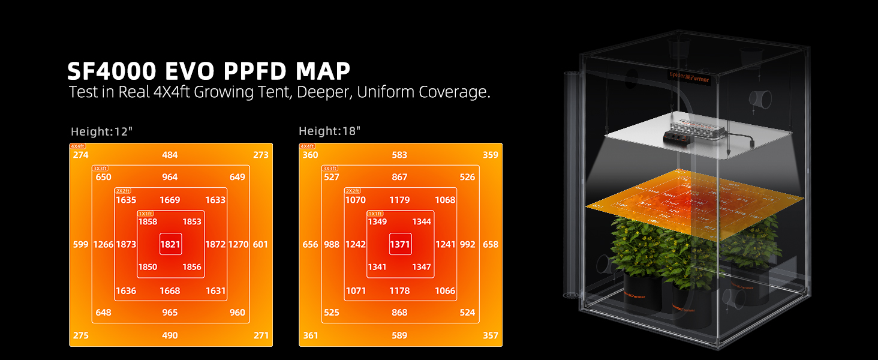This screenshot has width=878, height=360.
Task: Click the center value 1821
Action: click(x=170, y=245)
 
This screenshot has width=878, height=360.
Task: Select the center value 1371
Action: click(x=400, y=245)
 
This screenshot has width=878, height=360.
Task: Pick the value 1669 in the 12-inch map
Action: click(x=170, y=200)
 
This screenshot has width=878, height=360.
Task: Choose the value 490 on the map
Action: click(x=170, y=335)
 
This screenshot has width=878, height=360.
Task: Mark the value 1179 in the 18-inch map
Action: click(x=399, y=200)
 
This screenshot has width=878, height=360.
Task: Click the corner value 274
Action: click(x=81, y=155)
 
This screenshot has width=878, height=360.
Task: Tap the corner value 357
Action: click(x=490, y=335)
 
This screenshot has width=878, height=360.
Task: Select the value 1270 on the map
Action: click(x=238, y=245)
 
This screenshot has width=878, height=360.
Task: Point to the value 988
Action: click(x=332, y=245)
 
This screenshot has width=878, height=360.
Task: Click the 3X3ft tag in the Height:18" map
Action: click(x=329, y=169)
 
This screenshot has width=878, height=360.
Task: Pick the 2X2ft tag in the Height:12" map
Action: click(x=123, y=191)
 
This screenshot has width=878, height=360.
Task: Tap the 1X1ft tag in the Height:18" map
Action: click(x=375, y=214)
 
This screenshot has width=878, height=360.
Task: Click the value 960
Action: click(x=237, y=313)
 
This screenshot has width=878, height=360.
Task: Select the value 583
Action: click(x=399, y=155)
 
